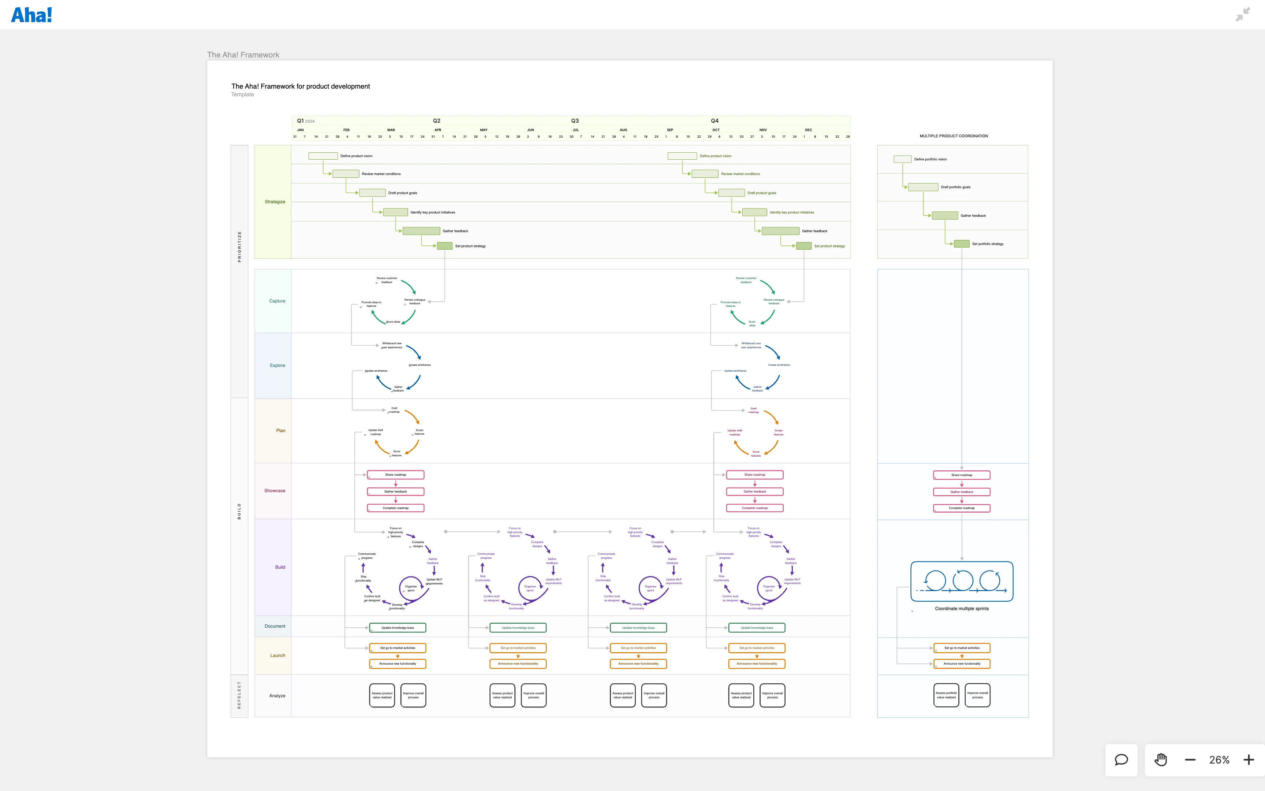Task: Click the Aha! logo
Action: [x=31, y=15]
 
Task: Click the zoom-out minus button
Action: [x=1190, y=760]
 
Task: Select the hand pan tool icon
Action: [x=1160, y=760]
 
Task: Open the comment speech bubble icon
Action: [x=1121, y=760]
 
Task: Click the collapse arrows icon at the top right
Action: [x=1243, y=14]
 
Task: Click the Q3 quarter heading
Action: [x=575, y=121]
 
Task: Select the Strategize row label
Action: [x=275, y=202]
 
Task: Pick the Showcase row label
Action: [x=275, y=491]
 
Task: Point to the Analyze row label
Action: [x=277, y=696]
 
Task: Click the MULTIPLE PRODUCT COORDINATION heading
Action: [x=954, y=136]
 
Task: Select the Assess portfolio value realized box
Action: [x=946, y=695]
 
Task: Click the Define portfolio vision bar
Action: [x=902, y=159]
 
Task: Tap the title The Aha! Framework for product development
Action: [x=301, y=86]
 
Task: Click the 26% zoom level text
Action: [x=1219, y=760]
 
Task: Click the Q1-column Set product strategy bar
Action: [x=444, y=246]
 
